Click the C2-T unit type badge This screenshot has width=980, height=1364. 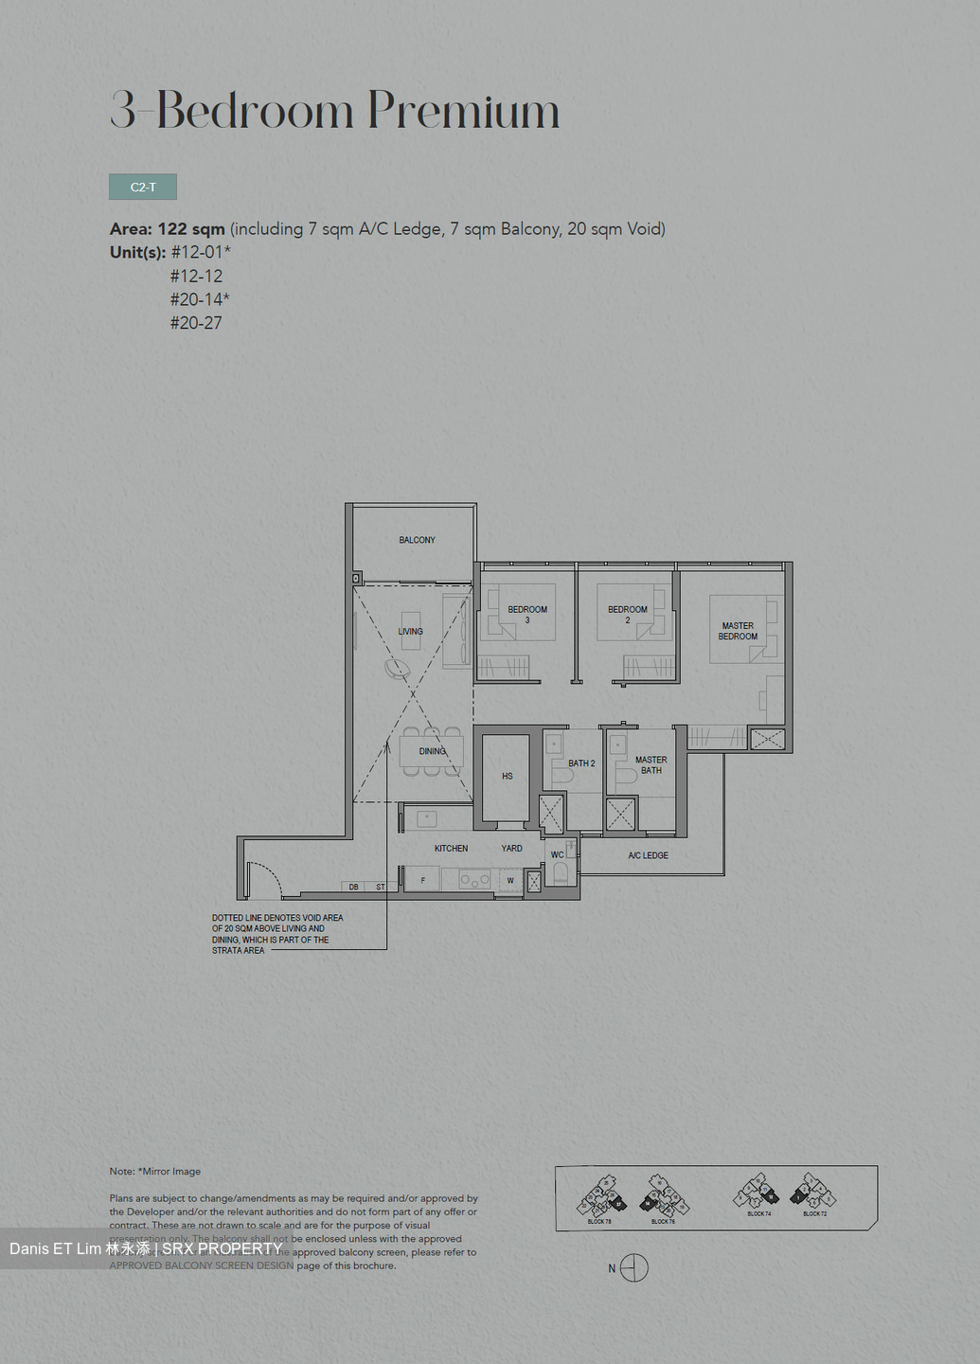(143, 187)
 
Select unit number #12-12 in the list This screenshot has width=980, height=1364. (196, 276)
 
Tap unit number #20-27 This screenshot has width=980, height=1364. (196, 323)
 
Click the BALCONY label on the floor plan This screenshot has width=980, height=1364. (417, 540)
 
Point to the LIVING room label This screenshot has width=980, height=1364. (411, 631)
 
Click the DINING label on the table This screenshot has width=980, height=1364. (432, 751)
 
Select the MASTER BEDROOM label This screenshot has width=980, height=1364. (738, 631)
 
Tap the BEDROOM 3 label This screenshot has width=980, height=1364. (527, 614)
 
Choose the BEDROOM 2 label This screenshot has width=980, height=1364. (628, 614)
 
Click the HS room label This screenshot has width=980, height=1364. (507, 776)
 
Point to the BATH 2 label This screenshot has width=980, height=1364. (581, 763)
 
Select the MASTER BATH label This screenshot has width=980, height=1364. (650, 765)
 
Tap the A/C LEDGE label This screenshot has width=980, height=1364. (648, 855)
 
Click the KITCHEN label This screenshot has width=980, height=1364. (451, 849)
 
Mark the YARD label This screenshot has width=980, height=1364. (511, 849)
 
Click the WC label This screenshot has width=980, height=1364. (557, 855)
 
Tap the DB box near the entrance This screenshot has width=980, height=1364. (354, 888)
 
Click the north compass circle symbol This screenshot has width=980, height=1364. (634, 1268)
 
